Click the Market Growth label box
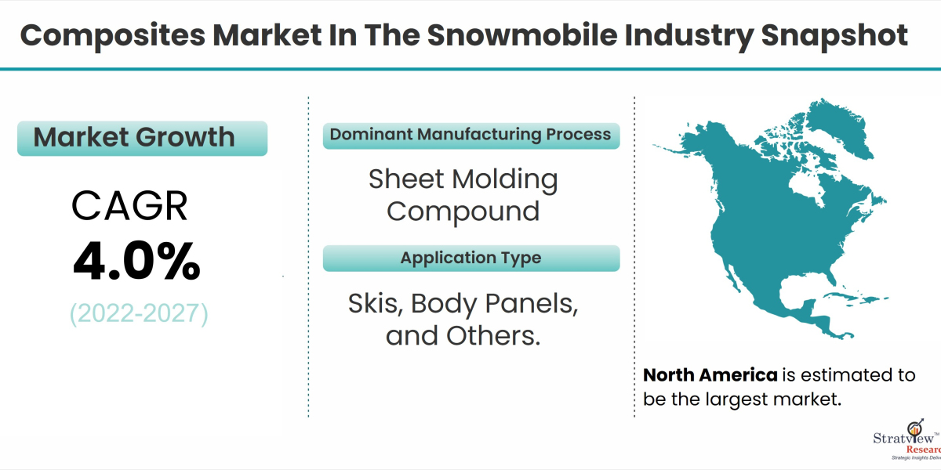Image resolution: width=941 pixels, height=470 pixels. [x=142, y=138]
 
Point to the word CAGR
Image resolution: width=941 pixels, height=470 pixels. [x=130, y=207]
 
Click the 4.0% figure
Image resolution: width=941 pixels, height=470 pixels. [x=136, y=263]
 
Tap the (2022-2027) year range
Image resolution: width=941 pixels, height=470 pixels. [x=139, y=314]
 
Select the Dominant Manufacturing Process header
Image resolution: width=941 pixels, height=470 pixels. [x=470, y=135]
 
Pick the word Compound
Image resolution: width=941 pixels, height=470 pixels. [x=463, y=211]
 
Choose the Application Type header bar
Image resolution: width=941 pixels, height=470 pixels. [x=470, y=258]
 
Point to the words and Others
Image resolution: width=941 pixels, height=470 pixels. [x=463, y=335]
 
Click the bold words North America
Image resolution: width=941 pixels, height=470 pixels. [x=710, y=374]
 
